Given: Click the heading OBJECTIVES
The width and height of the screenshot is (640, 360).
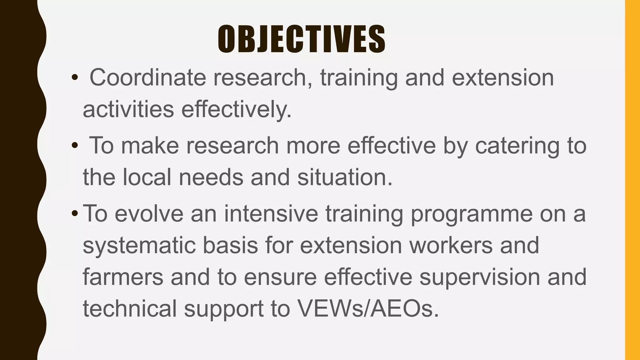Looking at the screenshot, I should (301, 39).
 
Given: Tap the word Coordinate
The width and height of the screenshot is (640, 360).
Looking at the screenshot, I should (147, 77).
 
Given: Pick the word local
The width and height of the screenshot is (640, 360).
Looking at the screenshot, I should (147, 177).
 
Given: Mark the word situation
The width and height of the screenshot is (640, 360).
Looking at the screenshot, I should (344, 177).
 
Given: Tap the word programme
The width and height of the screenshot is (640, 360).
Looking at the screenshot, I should (472, 214).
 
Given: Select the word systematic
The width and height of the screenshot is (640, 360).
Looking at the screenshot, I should (139, 246).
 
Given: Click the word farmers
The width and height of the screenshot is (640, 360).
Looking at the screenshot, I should (123, 277).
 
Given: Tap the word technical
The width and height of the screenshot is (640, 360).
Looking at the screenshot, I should (130, 309).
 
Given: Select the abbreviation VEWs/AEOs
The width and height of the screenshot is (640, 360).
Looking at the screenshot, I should (368, 309).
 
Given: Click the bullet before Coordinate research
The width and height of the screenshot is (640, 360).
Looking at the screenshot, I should (74, 78).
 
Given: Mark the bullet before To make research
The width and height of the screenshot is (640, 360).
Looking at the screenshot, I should (74, 146).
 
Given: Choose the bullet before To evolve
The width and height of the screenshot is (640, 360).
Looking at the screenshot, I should (74, 214).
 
